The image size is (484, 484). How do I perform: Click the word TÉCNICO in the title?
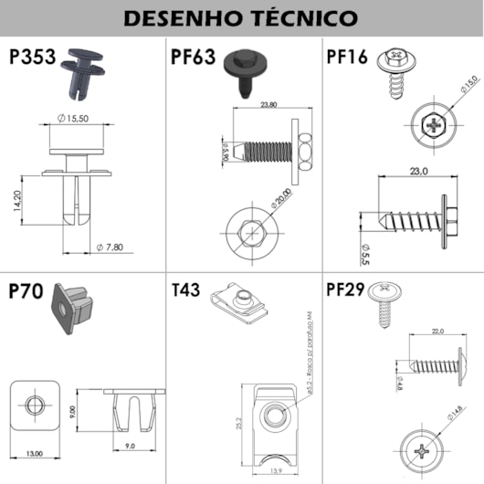point(298,18)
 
